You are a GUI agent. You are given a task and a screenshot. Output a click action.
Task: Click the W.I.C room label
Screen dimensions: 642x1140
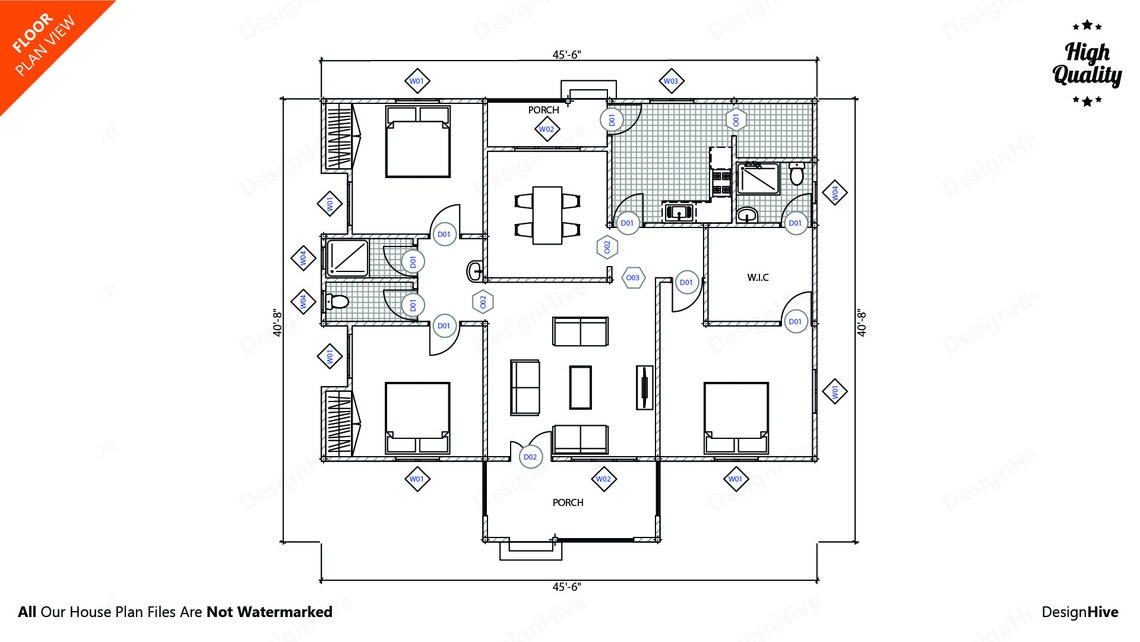point(757,277)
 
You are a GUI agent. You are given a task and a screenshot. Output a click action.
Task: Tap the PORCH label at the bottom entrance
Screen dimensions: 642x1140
point(567,502)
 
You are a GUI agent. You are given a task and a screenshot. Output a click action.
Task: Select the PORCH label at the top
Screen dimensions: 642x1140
point(545,110)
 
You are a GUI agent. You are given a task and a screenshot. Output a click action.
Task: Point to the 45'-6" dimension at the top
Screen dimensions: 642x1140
point(565,56)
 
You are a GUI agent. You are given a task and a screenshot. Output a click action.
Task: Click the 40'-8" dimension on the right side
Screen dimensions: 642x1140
point(861,322)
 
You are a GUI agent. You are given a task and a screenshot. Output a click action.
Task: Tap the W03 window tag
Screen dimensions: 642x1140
point(671,80)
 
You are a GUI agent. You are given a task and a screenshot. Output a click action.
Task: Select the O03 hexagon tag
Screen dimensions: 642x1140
point(633,277)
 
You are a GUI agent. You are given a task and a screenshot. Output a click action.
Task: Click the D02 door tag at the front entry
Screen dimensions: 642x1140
point(530,457)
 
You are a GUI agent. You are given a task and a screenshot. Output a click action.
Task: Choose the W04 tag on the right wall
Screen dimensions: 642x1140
point(836,193)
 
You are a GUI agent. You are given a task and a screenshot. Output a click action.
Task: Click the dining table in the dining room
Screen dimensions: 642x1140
point(547,214)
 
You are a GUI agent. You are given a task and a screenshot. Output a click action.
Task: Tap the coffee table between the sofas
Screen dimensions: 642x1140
point(580,387)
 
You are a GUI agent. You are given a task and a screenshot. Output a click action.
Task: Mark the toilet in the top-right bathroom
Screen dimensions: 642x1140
point(797,175)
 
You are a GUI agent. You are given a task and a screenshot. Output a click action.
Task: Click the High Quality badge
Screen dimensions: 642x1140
point(1087,63)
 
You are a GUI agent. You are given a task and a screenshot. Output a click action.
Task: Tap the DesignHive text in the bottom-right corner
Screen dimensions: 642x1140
point(1080,612)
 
